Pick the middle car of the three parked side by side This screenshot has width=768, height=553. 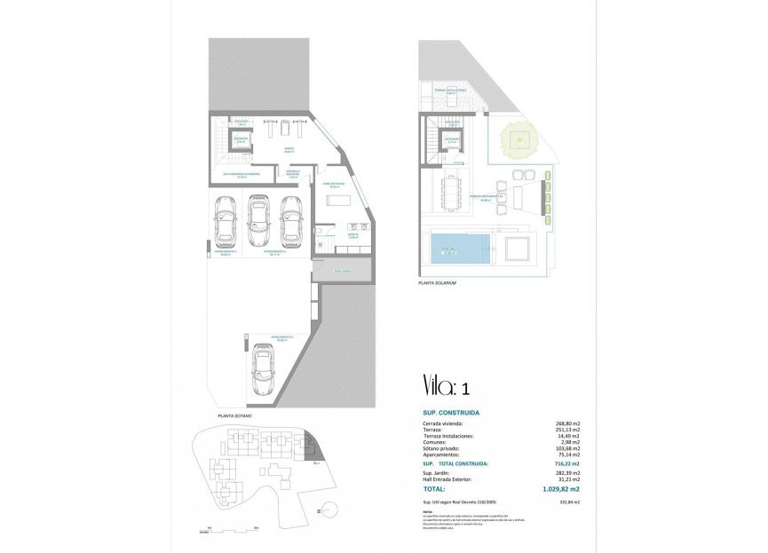[x=257, y=221]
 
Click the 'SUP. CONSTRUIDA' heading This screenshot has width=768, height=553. [x=451, y=413]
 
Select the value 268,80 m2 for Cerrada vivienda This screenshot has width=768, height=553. [x=566, y=424]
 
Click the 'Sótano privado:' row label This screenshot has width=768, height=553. [x=440, y=447]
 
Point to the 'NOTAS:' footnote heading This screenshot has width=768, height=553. [x=427, y=510]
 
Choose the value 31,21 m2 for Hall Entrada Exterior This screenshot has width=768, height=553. [x=567, y=480]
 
